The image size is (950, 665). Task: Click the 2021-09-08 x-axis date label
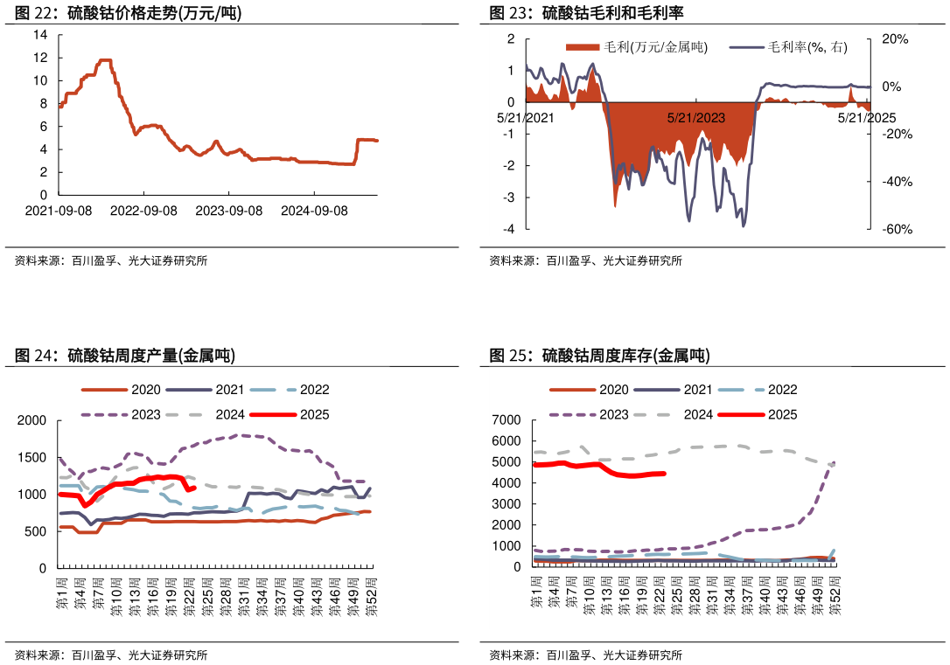(x=59, y=211)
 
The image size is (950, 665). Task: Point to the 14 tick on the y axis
(x=40, y=35)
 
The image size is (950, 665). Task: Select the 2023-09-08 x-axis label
(x=228, y=211)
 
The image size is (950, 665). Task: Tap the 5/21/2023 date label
(x=695, y=117)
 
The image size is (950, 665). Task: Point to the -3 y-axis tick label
(x=510, y=197)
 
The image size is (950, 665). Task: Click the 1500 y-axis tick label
(x=32, y=458)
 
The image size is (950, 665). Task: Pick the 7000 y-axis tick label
(x=506, y=420)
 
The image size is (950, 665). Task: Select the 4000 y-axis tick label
(x=506, y=483)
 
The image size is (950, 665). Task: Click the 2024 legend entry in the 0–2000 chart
(x=230, y=414)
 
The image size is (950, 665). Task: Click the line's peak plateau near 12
(x=105, y=60)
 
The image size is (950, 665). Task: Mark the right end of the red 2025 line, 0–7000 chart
(x=664, y=474)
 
